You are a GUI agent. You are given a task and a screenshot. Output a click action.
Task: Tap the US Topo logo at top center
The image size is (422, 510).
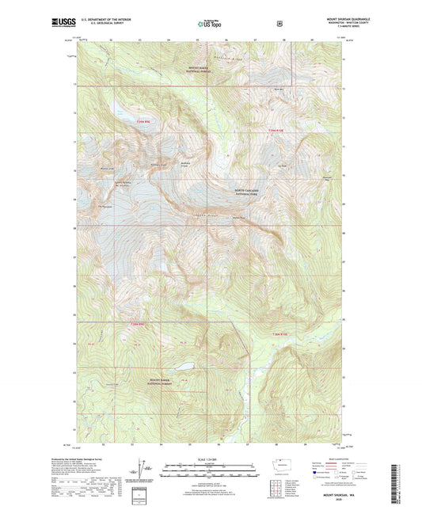pos(211,24)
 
